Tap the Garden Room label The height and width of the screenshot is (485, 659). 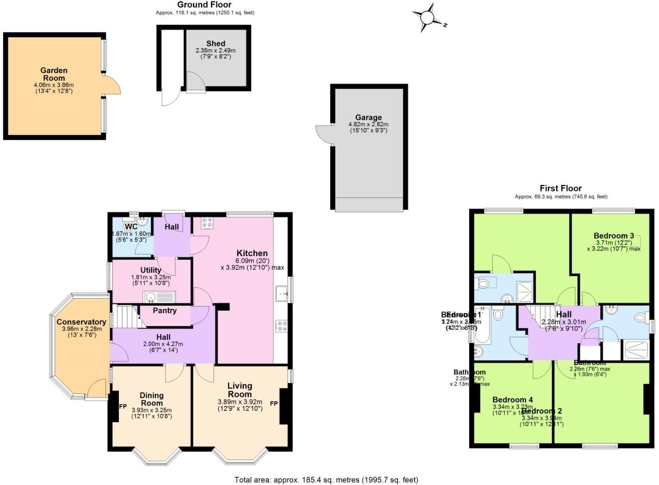[x=54, y=74]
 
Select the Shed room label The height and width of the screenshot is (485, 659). [x=216, y=43]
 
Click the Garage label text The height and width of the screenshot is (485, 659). [x=368, y=117]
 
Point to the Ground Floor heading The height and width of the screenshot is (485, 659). [x=205, y=5]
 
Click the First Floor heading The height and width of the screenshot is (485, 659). [x=560, y=188]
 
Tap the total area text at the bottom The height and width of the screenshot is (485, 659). [x=326, y=479]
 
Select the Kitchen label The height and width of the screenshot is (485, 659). [x=252, y=253]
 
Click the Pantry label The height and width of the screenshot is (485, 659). [x=165, y=310]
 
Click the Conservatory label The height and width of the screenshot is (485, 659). [x=81, y=322]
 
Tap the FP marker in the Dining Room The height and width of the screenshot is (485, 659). [x=123, y=407]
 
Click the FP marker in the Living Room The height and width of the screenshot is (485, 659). [x=274, y=404]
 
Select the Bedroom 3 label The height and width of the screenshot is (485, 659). [x=613, y=236]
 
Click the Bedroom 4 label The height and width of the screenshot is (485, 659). [x=512, y=399]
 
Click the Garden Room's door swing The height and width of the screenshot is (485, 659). [x=112, y=86]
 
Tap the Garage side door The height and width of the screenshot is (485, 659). [x=324, y=134]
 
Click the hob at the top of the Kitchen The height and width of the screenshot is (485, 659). [x=207, y=223]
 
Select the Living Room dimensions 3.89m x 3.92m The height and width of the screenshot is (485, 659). [x=240, y=402]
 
